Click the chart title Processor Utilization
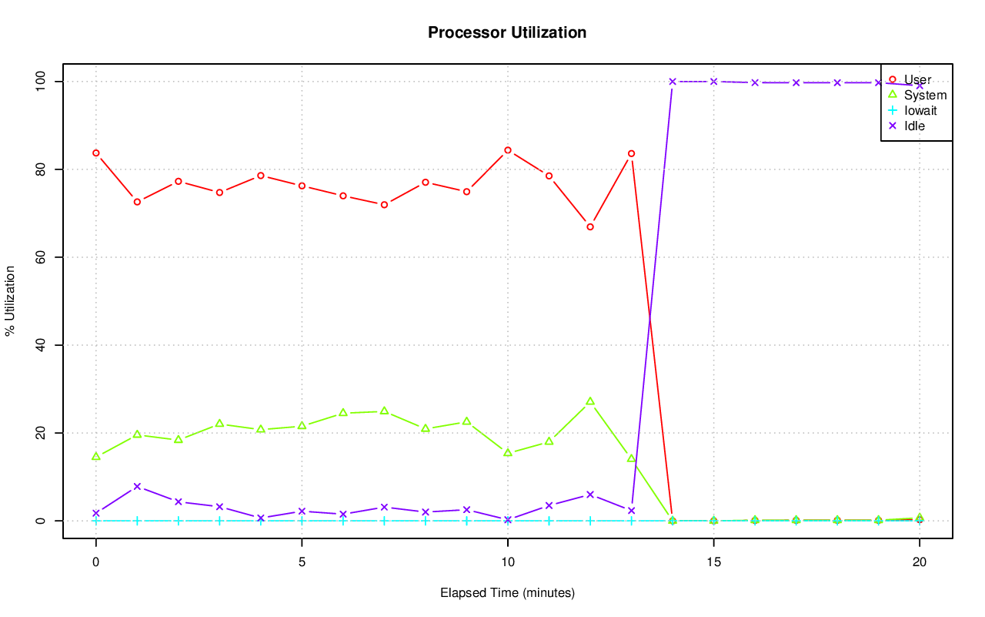click(507, 33)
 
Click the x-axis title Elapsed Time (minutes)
click(507, 593)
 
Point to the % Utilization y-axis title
click(11, 300)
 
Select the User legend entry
click(917, 79)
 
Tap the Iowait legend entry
click(920, 110)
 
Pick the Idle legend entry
click(914, 126)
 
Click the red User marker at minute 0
click(96, 153)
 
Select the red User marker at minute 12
click(590, 226)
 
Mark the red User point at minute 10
click(508, 150)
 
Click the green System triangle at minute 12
click(590, 401)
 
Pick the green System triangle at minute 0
click(96, 456)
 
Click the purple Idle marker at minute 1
click(137, 487)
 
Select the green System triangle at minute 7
click(384, 411)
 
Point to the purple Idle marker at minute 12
click(590, 495)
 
